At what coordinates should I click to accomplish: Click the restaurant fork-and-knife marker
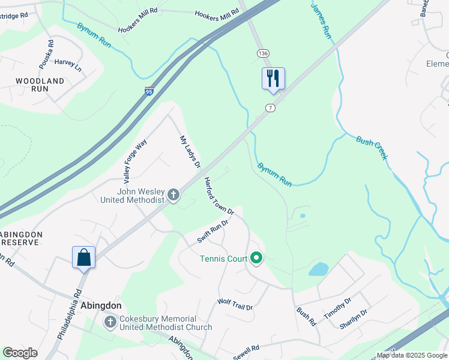pyautogui.click(x=273, y=78)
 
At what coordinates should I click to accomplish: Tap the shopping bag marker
pyautogui.click(x=84, y=257)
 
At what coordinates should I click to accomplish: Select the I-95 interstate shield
pyautogui.click(x=149, y=91)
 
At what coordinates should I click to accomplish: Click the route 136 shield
pyautogui.click(x=263, y=53)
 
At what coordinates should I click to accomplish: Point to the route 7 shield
pyautogui.click(x=271, y=107)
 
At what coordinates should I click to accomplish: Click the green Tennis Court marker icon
pyautogui.click(x=257, y=259)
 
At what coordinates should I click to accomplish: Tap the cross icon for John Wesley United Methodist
pyautogui.click(x=173, y=194)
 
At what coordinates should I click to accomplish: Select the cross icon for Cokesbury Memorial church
pyautogui.click(x=110, y=323)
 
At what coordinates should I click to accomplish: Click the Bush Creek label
pyautogui.click(x=373, y=148)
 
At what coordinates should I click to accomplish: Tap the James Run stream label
pyautogui.click(x=321, y=20)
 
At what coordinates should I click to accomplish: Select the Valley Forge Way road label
pyautogui.click(x=135, y=161)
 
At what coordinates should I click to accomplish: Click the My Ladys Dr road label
pyautogui.click(x=190, y=152)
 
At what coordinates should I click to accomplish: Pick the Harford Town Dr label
pyautogui.click(x=218, y=196)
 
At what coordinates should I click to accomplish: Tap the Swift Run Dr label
pyautogui.click(x=213, y=232)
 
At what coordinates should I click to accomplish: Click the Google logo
pyautogui.click(x=20, y=353)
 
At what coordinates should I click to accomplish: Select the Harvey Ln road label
pyautogui.click(x=68, y=65)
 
